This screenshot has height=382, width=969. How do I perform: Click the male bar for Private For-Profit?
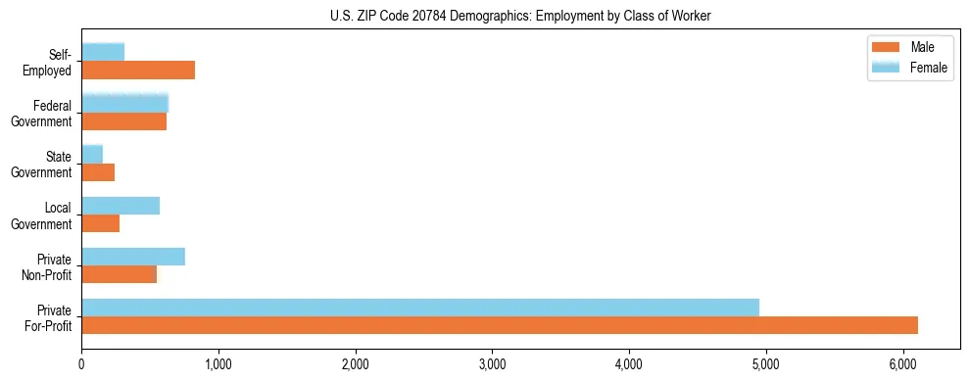(x=500, y=325)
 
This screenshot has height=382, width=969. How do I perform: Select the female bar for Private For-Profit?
(x=420, y=308)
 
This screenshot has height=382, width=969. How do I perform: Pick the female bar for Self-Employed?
(x=103, y=52)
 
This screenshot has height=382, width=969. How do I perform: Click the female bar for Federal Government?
(x=125, y=103)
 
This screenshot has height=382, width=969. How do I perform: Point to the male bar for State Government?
(x=98, y=172)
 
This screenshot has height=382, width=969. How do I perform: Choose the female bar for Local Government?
(x=121, y=206)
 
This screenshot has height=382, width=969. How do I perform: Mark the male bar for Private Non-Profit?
(x=119, y=274)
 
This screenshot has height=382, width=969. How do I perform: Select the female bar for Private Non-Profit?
(x=133, y=257)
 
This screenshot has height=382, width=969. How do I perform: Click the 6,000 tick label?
(x=902, y=364)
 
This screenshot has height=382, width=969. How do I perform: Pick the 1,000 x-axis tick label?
(x=218, y=364)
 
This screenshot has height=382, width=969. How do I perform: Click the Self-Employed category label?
(x=50, y=62)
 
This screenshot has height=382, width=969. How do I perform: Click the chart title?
(x=519, y=16)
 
